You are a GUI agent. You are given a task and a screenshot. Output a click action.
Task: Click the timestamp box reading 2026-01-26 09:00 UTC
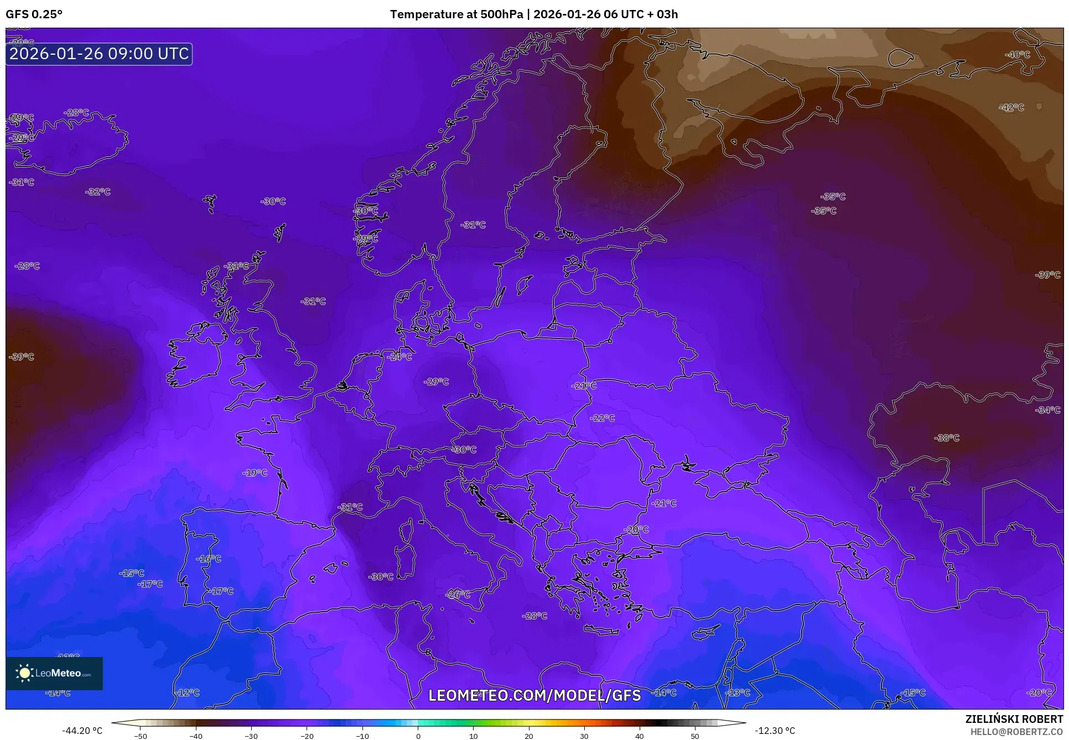pos(99,54)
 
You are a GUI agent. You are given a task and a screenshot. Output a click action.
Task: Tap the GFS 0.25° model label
pos(34,14)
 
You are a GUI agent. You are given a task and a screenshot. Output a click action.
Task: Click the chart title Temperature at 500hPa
pos(456,14)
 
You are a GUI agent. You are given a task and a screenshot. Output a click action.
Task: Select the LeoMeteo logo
pos(54,673)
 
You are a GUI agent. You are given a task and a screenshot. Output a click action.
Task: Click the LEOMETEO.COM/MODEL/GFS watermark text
pos(534,695)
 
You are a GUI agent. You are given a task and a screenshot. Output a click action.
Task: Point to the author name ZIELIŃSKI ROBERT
pos(1014,719)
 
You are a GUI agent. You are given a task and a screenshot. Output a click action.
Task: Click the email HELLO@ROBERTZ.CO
pos(1016,732)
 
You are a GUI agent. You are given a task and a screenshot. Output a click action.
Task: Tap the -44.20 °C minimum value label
pos(82,731)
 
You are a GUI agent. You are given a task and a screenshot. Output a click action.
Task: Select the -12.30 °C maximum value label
pos(775,731)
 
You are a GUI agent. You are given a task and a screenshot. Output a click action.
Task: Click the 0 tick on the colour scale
pos(418,736)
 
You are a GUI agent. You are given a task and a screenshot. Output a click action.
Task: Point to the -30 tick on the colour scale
pos(251,736)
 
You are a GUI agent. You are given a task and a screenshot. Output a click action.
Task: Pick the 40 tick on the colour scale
pos(640,736)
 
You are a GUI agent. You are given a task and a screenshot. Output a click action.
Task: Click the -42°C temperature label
pos(1011,108)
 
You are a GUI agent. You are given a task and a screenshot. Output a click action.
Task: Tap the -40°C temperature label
pos(1017,55)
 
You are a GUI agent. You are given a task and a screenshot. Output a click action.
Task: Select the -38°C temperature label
pos(946,438)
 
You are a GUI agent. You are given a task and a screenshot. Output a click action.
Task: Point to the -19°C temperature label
pos(255,473)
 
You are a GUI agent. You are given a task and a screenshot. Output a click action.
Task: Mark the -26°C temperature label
pos(458,595)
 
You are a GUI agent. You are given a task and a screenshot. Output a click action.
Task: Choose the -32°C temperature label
pos(98,192)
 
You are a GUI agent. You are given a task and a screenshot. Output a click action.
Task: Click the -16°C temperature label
pos(208,559)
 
